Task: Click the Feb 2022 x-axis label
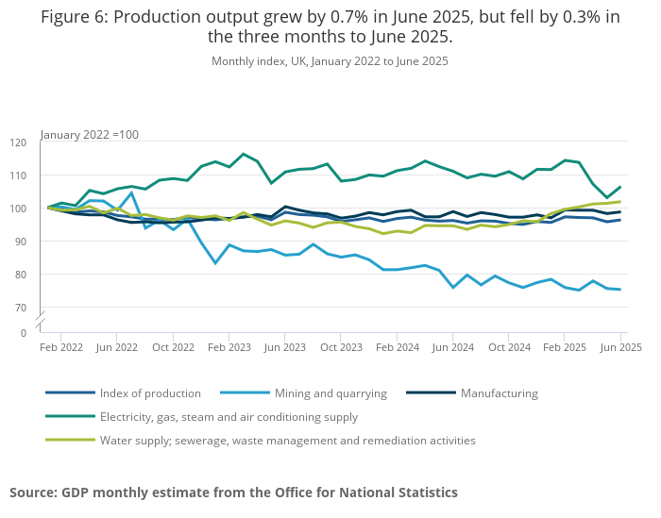[60, 347]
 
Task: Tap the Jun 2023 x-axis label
[285, 347]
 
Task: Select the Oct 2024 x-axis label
[509, 347]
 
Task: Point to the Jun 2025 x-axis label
[620, 347]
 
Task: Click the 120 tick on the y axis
[19, 142]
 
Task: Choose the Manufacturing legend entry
[499, 393]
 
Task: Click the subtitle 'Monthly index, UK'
[330, 61]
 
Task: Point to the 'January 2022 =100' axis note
[90, 135]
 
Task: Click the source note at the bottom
[233, 493]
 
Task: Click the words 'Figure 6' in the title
[72, 18]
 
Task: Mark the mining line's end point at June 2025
[620, 290]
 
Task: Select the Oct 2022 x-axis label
[173, 347]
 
